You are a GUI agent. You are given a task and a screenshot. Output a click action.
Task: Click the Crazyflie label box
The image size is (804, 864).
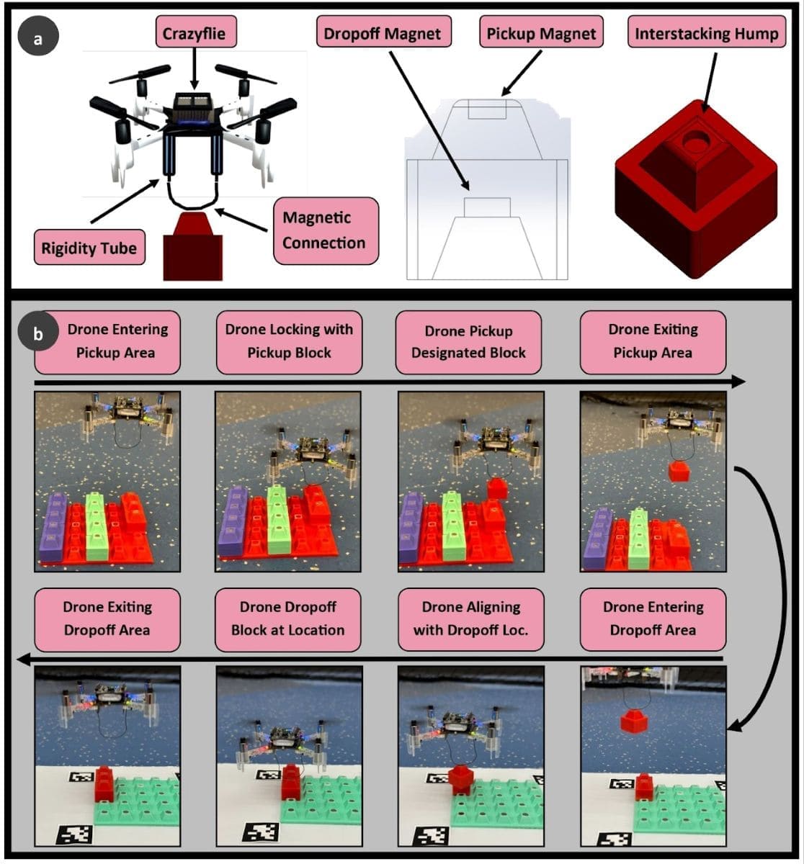point(196,34)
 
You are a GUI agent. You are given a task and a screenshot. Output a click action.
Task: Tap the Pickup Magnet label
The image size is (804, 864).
point(541,34)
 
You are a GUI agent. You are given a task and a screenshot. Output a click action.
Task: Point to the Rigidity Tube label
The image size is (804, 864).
point(89,249)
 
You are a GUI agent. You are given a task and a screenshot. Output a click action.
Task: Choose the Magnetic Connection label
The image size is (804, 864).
point(325,230)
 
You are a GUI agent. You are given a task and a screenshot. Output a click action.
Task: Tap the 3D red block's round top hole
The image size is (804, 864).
point(694,138)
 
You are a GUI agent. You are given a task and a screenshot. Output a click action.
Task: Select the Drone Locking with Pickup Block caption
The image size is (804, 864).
point(289,341)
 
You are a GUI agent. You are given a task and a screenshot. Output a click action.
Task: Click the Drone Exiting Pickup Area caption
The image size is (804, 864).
point(653,341)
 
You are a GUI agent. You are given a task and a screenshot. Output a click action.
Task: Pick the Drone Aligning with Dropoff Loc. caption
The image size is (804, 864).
point(470,618)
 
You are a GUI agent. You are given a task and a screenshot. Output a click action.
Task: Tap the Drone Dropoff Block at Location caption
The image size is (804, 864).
point(288,618)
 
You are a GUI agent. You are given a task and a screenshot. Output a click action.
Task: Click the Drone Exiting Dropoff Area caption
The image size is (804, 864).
point(107,618)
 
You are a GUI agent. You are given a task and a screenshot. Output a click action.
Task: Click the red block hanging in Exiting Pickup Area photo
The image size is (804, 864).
point(677,472)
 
